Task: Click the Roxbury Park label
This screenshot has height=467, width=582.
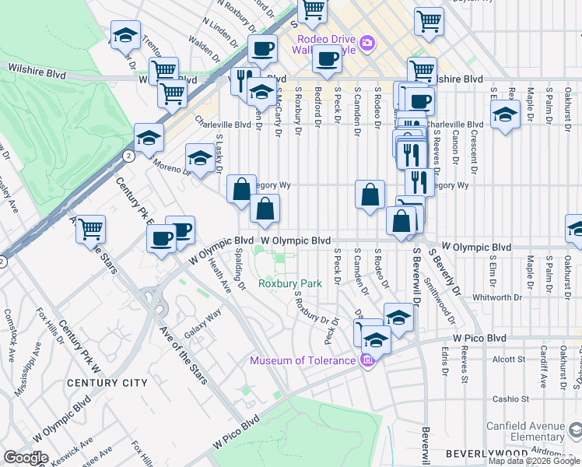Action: (289, 284)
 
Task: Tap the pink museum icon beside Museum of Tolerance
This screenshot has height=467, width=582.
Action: (367, 360)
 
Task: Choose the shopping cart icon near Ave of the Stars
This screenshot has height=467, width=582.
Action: (90, 229)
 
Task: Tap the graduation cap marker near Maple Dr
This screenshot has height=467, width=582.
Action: (506, 114)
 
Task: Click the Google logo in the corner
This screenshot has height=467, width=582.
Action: (26, 458)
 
